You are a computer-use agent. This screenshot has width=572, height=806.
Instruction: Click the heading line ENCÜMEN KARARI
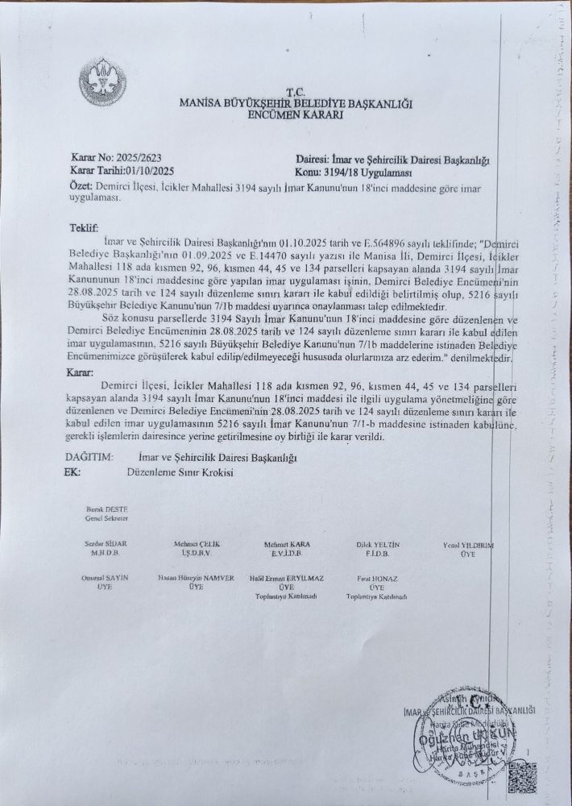(296, 115)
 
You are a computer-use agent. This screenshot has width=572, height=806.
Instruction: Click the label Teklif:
(83, 229)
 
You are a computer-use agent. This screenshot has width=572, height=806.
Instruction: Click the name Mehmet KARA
(287, 545)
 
